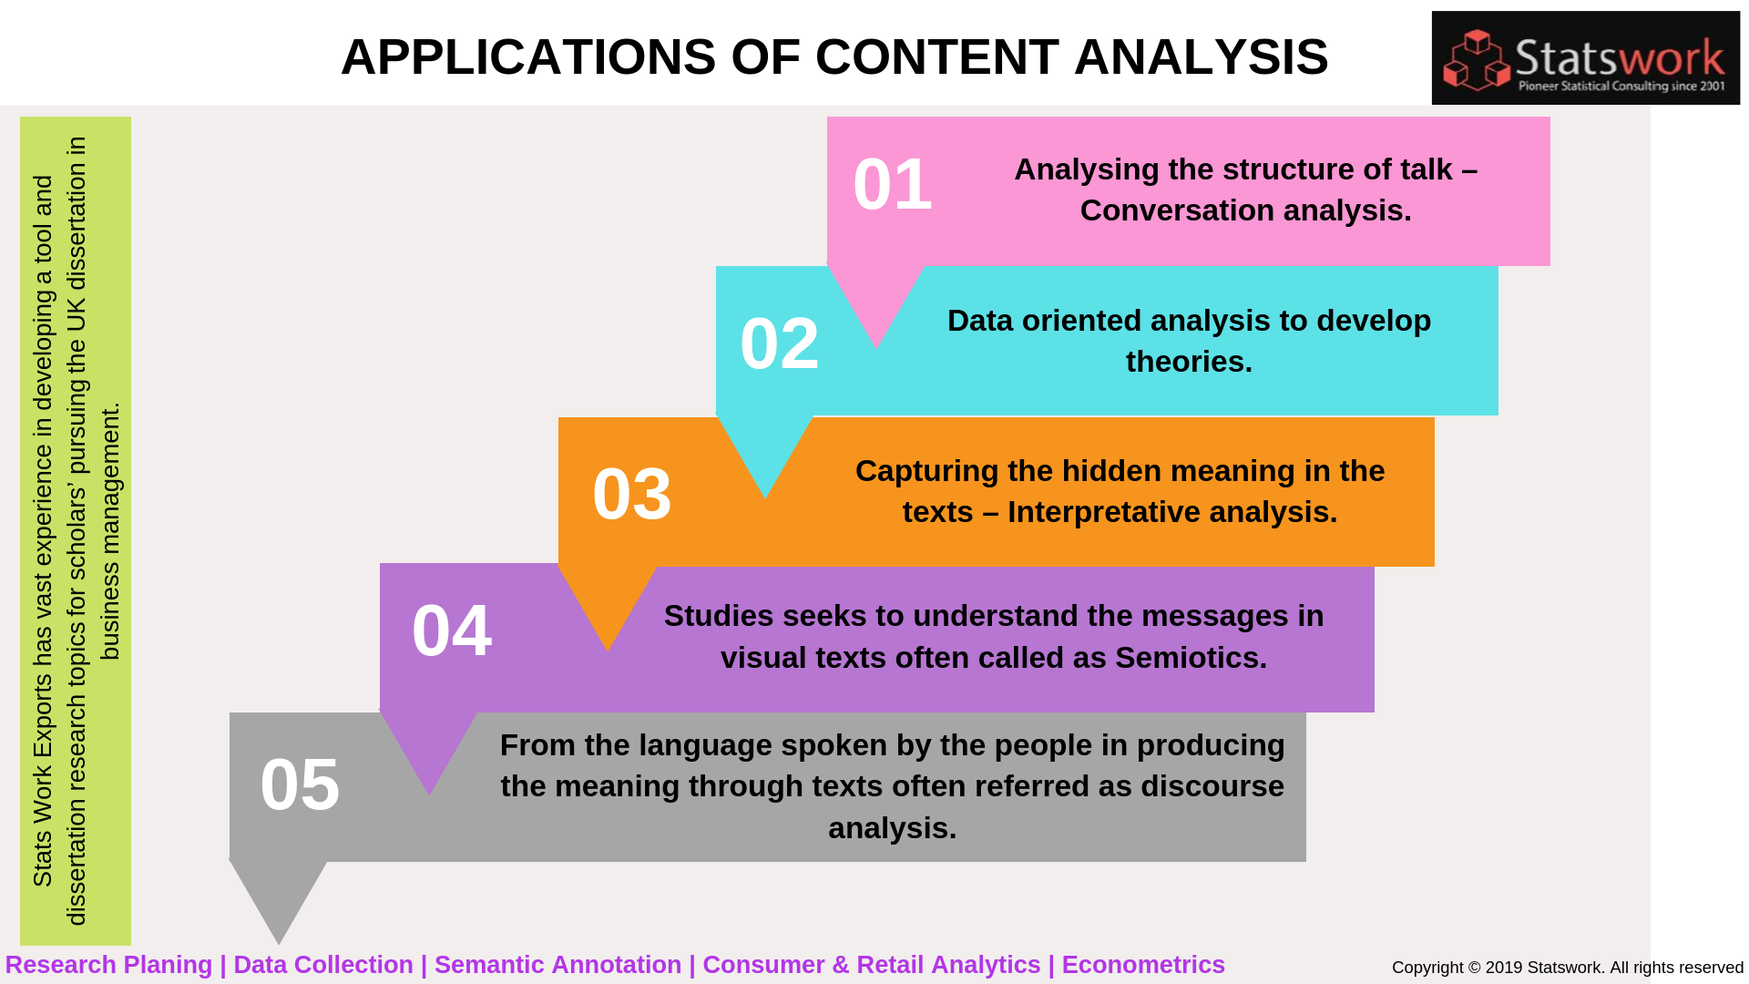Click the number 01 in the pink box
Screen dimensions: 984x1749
coord(892,185)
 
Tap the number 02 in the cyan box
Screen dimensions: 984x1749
coord(780,343)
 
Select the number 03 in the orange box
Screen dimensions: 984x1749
coord(632,494)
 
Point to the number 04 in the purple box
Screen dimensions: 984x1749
coord(452,630)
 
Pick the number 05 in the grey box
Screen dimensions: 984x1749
coord(300,784)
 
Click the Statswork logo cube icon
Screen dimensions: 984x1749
coord(1477,60)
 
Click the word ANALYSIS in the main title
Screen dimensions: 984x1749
coord(1201,56)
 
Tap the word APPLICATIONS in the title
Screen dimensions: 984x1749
coord(528,56)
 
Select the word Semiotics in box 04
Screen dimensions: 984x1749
coord(1189,658)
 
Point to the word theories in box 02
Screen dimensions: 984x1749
coord(1188,362)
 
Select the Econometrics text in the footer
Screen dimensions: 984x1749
coord(1142,965)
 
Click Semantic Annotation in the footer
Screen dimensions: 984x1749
coord(557,965)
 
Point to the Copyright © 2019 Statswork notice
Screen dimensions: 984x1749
coord(1567,968)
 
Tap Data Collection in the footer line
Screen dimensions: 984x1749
coord(323,965)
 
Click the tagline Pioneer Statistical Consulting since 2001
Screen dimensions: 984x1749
coord(1621,87)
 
